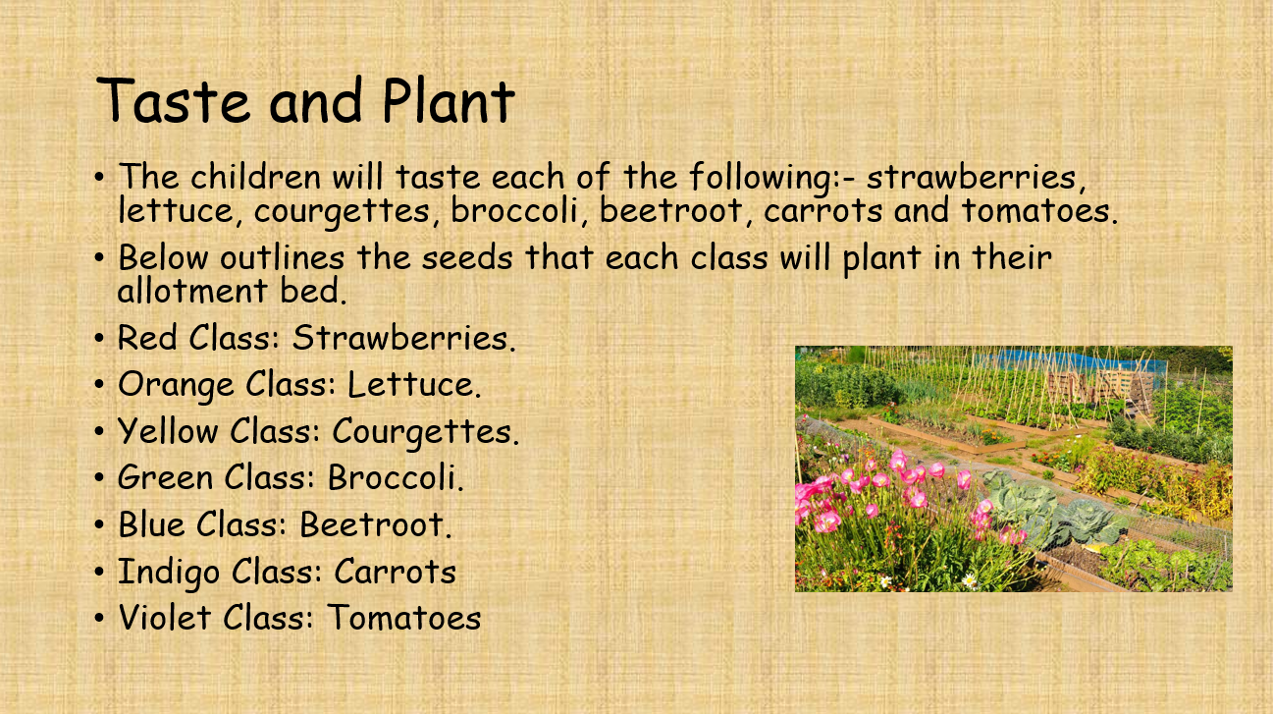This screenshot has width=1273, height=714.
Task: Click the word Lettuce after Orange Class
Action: click(414, 384)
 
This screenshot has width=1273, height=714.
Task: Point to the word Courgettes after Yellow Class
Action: click(425, 431)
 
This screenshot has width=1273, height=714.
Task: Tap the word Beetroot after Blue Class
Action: click(375, 523)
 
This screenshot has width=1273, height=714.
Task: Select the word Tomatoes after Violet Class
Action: click(403, 618)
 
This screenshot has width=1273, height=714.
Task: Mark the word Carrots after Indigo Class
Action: click(395, 571)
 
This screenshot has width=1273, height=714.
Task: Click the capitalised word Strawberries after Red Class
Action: click(403, 338)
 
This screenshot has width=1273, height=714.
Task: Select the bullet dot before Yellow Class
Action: click(99, 432)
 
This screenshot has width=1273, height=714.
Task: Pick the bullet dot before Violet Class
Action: click(99, 619)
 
